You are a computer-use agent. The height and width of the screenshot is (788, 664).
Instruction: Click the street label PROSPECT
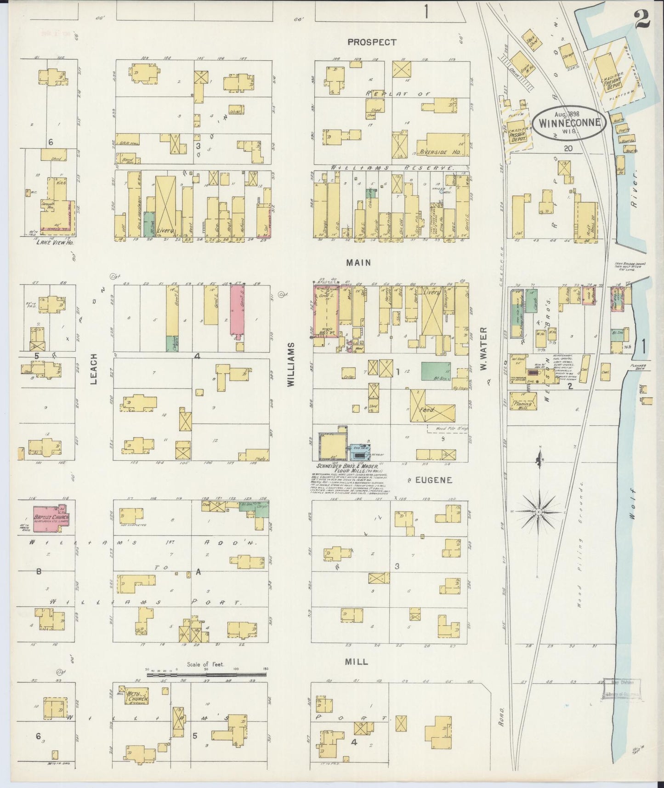tap(372, 42)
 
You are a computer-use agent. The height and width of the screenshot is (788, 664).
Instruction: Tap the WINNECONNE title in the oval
tap(569, 123)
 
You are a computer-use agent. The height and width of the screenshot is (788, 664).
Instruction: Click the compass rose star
tap(538, 511)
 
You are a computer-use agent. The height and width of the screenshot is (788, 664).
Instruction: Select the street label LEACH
tap(94, 368)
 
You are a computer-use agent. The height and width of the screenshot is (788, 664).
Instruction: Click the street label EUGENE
tap(434, 480)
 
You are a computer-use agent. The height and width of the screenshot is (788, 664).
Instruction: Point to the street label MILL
tap(356, 662)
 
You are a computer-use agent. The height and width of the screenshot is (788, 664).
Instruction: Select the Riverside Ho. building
tap(444, 146)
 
